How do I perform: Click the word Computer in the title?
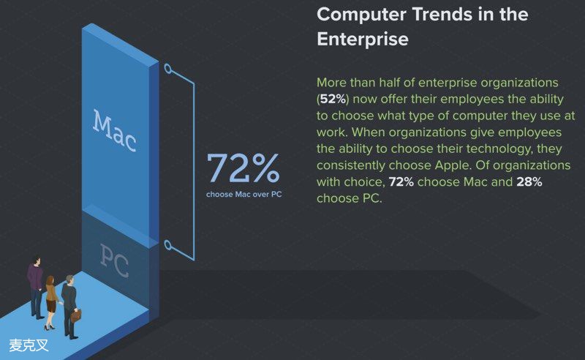pos(361,15)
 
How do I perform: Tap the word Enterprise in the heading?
pos(363,39)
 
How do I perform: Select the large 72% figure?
pos(243,168)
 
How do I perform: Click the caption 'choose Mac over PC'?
pos(244,194)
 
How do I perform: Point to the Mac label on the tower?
pos(114,131)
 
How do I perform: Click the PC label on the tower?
pos(114,260)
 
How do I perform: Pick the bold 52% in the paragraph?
pos(333,99)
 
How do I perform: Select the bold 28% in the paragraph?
pos(529,182)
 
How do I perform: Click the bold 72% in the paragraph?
pos(401,182)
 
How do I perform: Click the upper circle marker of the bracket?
pos(168,68)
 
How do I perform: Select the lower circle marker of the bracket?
pos(168,245)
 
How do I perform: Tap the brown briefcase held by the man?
pos(76,315)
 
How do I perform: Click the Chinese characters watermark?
pos(29,345)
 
